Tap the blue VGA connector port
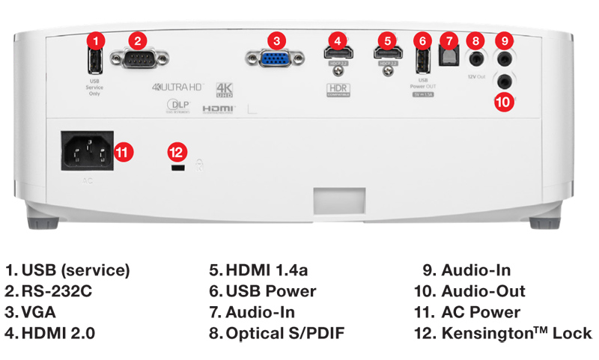pos(276,58)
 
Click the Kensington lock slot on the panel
pos(177,171)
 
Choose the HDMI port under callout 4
pos(338,54)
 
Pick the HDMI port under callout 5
pos(386,54)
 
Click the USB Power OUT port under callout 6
pos(423,59)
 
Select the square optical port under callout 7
pos(448,59)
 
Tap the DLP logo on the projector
pos(176,107)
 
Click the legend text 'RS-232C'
pos(58,291)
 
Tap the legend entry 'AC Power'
pos(481,312)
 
